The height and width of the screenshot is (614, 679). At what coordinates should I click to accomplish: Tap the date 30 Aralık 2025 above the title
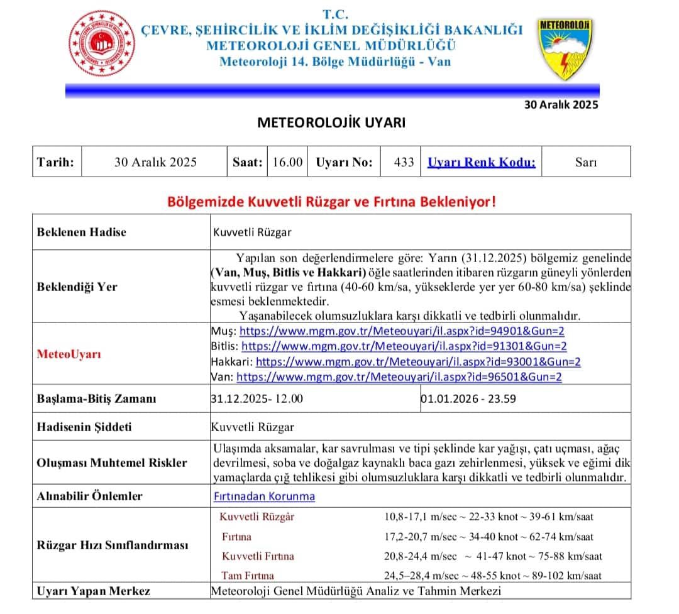(x=561, y=105)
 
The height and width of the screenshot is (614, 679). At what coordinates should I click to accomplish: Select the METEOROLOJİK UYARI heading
(x=331, y=123)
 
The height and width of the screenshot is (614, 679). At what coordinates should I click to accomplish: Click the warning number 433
(x=404, y=162)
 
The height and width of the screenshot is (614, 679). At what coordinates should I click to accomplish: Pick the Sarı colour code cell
(x=586, y=162)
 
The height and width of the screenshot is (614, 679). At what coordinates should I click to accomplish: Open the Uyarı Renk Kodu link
(x=482, y=162)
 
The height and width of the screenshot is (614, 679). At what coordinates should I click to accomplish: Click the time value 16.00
(x=287, y=162)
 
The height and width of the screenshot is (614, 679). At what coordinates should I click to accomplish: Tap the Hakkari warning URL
(x=418, y=362)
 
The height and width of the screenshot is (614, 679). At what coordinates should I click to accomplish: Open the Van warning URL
(x=399, y=377)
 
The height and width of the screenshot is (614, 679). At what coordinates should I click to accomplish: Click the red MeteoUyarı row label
(x=69, y=354)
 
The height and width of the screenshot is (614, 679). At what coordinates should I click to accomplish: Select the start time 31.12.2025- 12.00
(x=257, y=399)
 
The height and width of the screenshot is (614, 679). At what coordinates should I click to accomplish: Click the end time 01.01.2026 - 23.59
(x=469, y=399)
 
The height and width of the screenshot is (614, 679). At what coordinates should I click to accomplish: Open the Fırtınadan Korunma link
(x=265, y=496)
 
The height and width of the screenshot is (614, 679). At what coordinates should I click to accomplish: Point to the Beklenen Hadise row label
(x=82, y=232)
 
